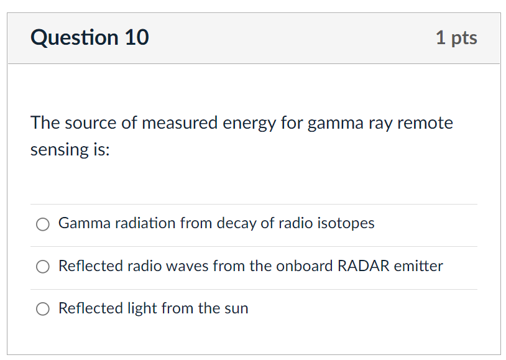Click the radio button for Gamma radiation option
[x=43, y=224]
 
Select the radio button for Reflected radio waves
[x=43, y=267]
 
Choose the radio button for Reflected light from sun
[x=43, y=309]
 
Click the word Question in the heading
[x=75, y=38]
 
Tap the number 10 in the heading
[x=137, y=37]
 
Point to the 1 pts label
[x=456, y=39]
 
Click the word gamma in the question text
[x=335, y=124]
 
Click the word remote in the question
[x=425, y=123]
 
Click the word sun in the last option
[x=236, y=309]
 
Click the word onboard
[x=305, y=265]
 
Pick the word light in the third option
[x=142, y=308]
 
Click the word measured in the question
[x=180, y=123]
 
